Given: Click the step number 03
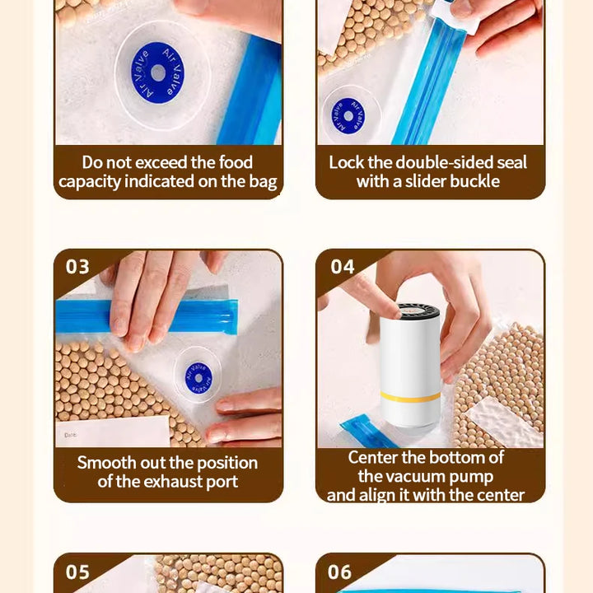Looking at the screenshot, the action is [77, 267].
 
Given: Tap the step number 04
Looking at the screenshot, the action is [343, 267].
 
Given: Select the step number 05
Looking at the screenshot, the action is [77, 572].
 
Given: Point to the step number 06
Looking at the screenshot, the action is [339, 572].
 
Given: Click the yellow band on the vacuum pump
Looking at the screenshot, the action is [410, 397].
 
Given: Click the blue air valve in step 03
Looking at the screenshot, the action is [198, 378].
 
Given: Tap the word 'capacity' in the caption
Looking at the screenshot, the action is [90, 182].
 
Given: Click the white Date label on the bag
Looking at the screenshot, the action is [112, 432].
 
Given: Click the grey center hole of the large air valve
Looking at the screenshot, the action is [157, 73].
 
